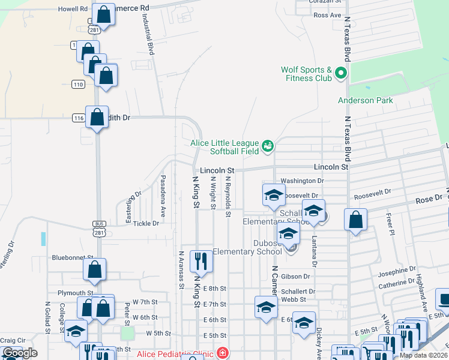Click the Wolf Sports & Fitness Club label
tap(306, 74)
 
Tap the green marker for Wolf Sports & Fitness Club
tap(342, 74)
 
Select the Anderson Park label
tap(366, 100)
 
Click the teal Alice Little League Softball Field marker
tap(268, 145)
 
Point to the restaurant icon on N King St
tap(201, 261)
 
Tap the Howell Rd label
tap(73, 9)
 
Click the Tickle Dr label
tap(146, 223)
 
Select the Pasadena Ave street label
tap(163, 196)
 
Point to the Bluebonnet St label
tap(70, 257)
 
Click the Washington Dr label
tap(302, 180)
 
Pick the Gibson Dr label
tap(295, 277)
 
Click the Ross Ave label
tap(327, 14)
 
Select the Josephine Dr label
tap(397, 272)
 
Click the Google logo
tap(20, 353)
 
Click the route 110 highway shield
tap(78, 83)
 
